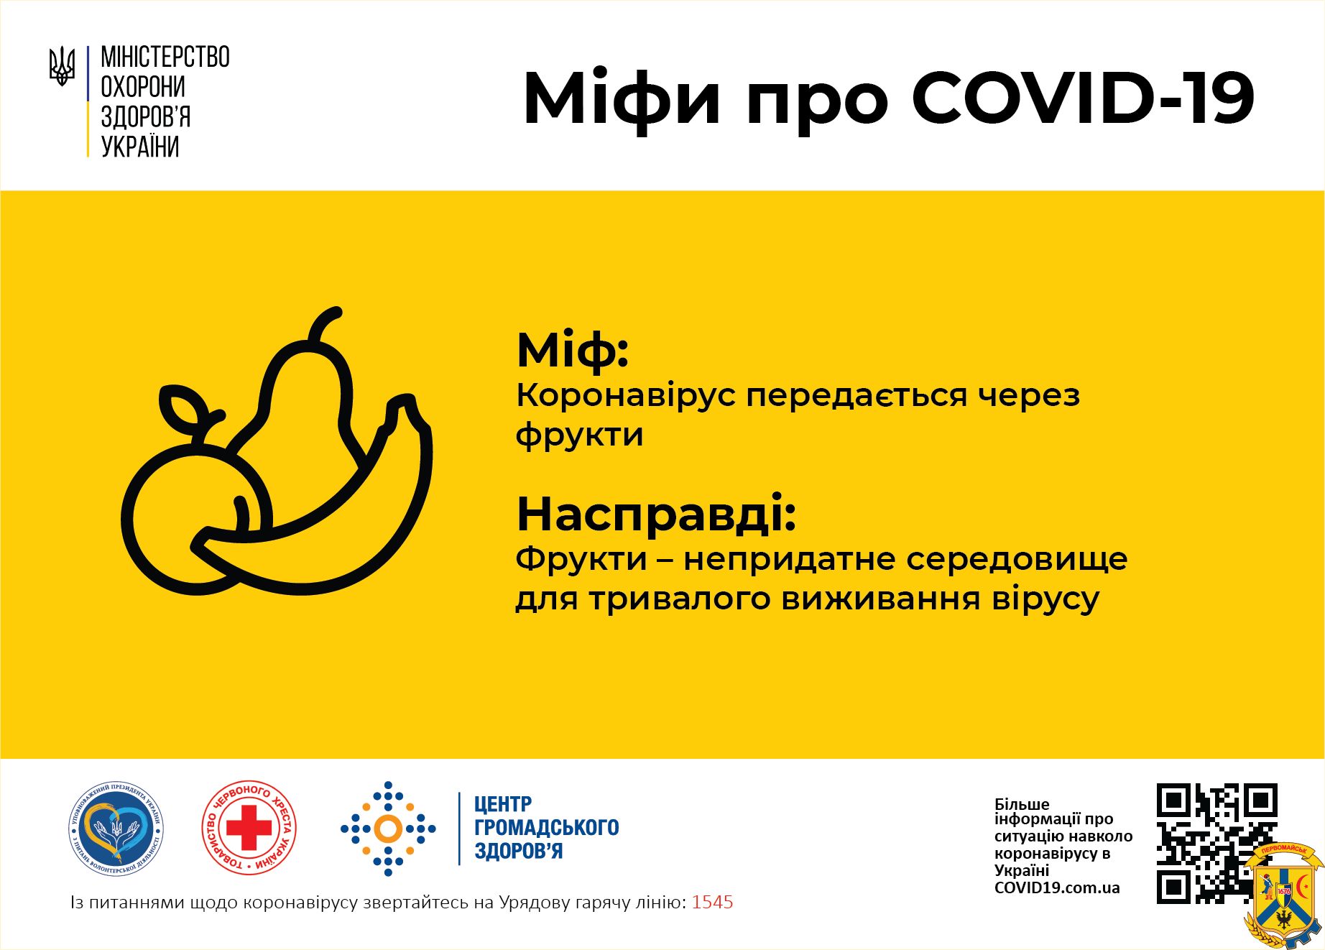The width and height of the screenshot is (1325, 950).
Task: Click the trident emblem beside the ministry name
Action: (62, 66)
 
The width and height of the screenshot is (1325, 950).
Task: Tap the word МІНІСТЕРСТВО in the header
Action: (165, 57)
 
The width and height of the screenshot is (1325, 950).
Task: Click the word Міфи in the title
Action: (622, 100)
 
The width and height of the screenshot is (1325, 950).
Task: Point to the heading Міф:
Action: (573, 351)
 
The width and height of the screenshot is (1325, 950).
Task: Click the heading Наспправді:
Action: (657, 514)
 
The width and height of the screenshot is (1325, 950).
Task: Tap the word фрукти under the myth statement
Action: (580, 435)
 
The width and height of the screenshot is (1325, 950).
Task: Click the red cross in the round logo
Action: (249, 828)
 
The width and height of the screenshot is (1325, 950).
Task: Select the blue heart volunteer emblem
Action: (116, 829)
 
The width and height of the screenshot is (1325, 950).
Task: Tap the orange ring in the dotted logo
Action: (388, 829)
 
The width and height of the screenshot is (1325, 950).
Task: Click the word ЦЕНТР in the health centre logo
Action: (503, 804)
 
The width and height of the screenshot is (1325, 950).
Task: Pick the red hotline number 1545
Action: (712, 903)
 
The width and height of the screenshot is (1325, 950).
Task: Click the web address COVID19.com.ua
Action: (1057, 888)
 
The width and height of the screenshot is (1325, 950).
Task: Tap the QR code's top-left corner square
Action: (1173, 800)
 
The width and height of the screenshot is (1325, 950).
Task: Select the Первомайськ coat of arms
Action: (1283, 895)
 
